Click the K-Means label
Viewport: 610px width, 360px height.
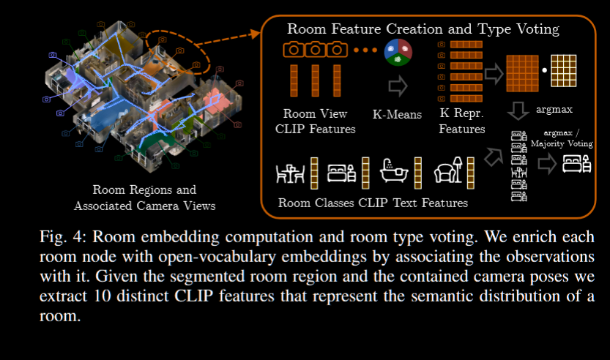[398, 114]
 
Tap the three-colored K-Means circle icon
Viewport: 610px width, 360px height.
[398, 53]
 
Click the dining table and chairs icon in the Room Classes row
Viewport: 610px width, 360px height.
[289, 173]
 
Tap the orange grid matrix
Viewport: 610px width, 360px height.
[522, 73]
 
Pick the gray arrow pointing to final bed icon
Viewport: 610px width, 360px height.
[546, 165]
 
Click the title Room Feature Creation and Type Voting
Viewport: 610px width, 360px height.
[423, 29]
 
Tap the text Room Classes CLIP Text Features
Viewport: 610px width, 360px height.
[373, 203]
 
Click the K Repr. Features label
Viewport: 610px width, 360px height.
[462, 121]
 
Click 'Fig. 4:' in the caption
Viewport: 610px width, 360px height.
[60, 238]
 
